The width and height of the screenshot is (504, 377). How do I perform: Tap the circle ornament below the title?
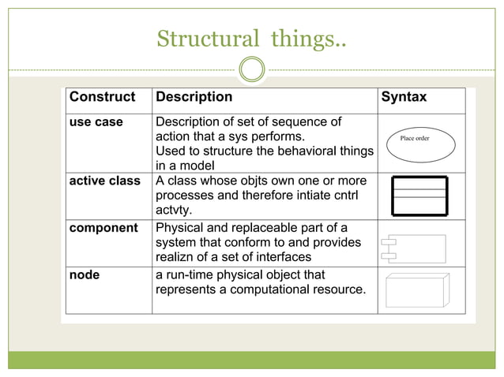pos(251,70)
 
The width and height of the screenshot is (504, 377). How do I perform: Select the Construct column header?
pos(102,98)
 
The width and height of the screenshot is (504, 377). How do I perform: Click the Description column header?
pos(194,98)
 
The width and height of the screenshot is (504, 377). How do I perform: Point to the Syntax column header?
pos(404,98)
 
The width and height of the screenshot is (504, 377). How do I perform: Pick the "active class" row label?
pos(104,181)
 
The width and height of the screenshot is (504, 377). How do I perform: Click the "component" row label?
pos(103,228)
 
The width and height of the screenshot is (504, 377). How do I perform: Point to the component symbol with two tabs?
pos(413,248)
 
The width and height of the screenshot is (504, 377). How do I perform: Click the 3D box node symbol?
pos(416,289)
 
